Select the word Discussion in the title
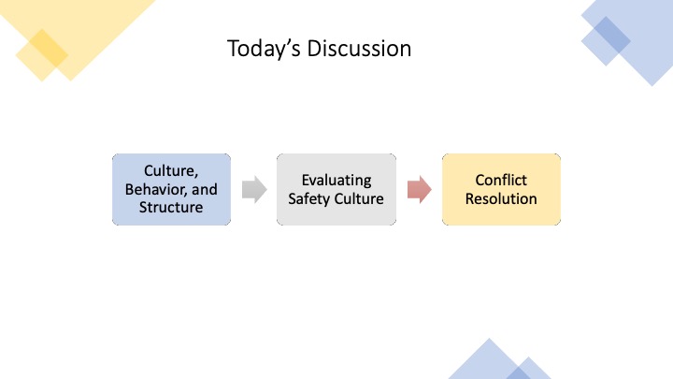pos(359,48)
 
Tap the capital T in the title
pos(233,48)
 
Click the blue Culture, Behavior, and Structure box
pos(171,189)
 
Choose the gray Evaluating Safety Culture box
pos(336,189)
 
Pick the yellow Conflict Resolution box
pos(501,189)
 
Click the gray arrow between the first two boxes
pos(254,189)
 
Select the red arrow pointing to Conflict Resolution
pos(420,189)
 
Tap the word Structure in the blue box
pos(171,207)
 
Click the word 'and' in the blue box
pos(205,189)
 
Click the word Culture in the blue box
pos(171,171)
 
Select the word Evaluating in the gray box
pos(336,181)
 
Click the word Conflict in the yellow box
pos(501,180)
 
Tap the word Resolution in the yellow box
pos(501,198)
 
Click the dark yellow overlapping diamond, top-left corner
pos(49,48)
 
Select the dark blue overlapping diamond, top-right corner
pos(611,36)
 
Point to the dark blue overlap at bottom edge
pos(519,373)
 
